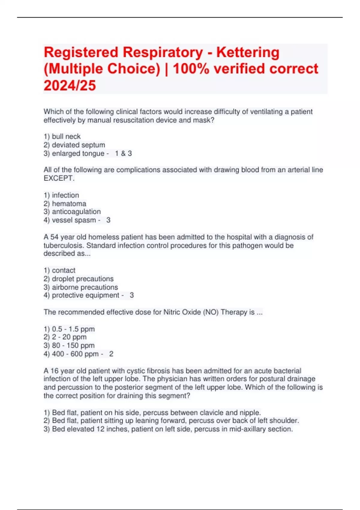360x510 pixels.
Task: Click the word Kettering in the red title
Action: coord(248,52)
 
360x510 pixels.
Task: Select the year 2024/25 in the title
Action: coord(70,85)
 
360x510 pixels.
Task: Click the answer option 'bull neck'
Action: coord(66,136)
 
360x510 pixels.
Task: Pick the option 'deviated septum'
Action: coord(78,145)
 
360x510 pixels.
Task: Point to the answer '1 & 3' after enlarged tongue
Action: coord(123,154)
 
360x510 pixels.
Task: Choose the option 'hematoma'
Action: coord(69,204)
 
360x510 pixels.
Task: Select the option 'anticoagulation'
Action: coord(76,212)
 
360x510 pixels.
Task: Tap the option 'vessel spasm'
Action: coord(74,220)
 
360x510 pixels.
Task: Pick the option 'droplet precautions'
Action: coord(82,279)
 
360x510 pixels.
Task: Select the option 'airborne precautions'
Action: coord(85,287)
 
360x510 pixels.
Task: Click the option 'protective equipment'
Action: coord(85,295)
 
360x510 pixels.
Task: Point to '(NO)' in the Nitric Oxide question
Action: coord(211,312)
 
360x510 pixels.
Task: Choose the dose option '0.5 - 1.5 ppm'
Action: coord(73,329)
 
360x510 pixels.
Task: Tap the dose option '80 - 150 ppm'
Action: coord(73,346)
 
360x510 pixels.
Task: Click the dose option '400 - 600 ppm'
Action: coord(75,354)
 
